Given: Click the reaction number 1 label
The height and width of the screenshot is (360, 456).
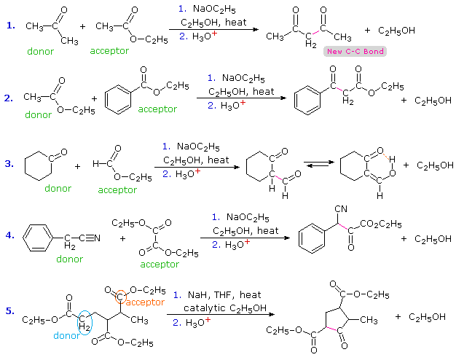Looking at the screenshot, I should point(10,26).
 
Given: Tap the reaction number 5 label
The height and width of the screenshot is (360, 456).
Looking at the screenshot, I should point(10,312).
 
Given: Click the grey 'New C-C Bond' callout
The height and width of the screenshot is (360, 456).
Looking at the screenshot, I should point(355,51).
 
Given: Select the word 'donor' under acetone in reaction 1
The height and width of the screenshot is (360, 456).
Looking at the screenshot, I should point(40,52).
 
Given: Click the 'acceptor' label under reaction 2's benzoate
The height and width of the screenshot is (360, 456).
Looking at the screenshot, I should point(157,109).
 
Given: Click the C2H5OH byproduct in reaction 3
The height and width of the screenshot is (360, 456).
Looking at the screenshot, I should point(435,165).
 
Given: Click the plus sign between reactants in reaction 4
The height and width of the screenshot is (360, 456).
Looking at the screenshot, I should point(122,238).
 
